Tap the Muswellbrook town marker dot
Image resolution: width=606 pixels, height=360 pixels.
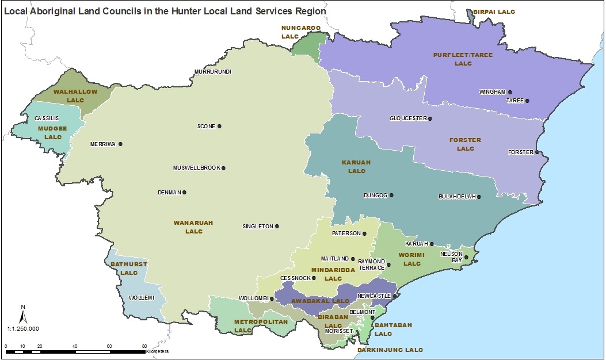tap(223, 168)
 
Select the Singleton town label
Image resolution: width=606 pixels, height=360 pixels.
tap(258, 227)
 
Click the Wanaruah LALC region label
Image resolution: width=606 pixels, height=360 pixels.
tap(190, 227)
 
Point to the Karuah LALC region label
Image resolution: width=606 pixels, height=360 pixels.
tap(357, 167)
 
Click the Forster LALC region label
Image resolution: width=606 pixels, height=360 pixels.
tap(466, 144)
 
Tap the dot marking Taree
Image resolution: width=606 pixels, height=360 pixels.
tap(527, 101)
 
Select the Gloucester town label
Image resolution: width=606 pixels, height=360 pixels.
tap(408, 118)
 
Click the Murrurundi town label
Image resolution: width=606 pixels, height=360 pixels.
tap(212, 72)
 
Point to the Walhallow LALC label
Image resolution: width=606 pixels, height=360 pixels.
tap(75, 95)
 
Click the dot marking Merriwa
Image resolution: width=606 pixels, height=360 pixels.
tap(120, 144)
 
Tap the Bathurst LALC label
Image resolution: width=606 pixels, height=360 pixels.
tap(125, 268)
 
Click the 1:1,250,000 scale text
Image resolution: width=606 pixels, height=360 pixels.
tap(23, 328)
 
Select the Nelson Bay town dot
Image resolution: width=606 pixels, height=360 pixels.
tap(467, 257)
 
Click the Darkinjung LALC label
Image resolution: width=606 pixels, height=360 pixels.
tap(390, 350)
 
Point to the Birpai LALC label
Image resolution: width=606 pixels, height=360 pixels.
tap(494, 12)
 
